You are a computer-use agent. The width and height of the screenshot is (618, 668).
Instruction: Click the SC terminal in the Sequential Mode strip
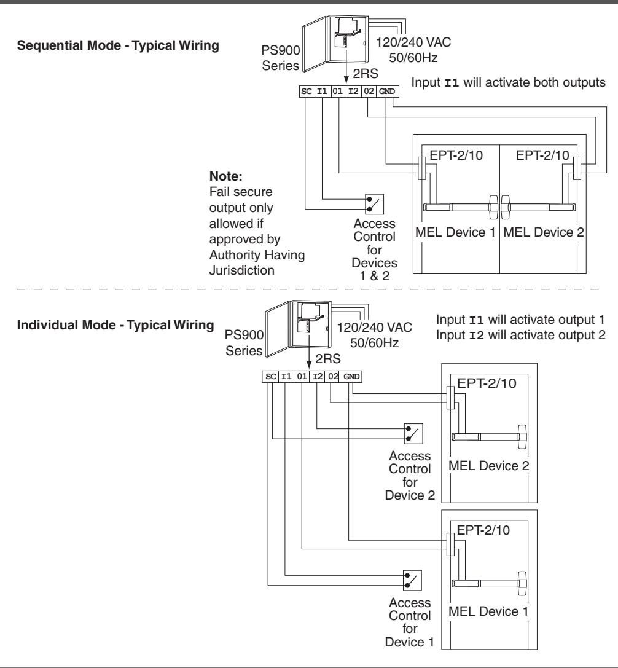(x=307, y=92)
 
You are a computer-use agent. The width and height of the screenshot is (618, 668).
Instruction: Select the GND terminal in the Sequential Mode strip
(x=387, y=92)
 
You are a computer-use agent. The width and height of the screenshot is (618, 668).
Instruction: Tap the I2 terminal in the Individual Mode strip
(x=318, y=377)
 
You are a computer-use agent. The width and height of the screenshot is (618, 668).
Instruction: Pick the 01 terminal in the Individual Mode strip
(x=302, y=377)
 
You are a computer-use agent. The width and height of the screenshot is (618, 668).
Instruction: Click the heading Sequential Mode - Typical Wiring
(x=118, y=45)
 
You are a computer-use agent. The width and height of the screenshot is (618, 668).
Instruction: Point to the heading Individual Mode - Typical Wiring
(x=115, y=325)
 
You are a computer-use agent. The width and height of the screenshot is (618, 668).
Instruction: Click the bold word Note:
(x=225, y=176)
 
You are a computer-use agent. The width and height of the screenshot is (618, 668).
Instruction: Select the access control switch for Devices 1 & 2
(x=374, y=204)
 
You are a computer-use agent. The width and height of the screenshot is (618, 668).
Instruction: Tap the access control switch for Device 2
(x=413, y=434)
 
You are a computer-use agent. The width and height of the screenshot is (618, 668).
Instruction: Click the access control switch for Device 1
(x=412, y=580)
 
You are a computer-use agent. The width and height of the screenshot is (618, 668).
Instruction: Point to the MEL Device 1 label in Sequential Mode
(x=455, y=233)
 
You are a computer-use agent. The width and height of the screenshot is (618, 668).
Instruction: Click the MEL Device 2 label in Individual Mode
(x=488, y=466)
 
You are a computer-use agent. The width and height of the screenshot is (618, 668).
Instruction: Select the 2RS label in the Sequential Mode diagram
(x=366, y=74)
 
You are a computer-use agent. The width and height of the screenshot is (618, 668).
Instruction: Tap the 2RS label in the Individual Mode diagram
(x=328, y=359)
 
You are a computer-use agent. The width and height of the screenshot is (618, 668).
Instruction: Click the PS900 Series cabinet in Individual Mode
(x=298, y=328)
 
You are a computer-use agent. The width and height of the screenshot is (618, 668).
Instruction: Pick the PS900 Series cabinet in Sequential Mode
(x=335, y=44)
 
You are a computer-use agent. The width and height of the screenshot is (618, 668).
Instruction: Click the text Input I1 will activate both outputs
(x=508, y=82)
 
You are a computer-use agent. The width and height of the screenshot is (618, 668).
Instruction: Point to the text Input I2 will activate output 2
(x=520, y=336)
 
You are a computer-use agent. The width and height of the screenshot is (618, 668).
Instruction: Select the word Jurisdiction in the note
(x=241, y=270)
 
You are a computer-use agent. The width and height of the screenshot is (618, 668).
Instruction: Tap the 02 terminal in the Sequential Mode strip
(x=369, y=92)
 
